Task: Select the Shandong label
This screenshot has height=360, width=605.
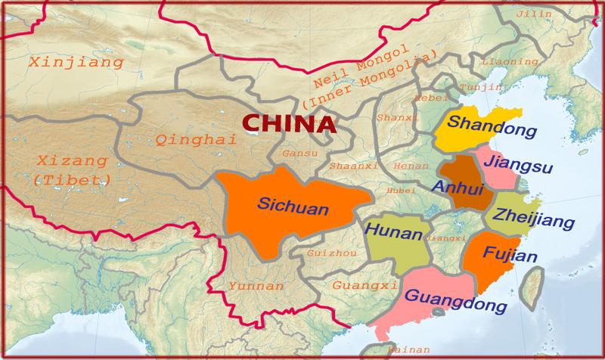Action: [x=486, y=126]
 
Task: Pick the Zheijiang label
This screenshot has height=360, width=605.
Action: [x=528, y=216]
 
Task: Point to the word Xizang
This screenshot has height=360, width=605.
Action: [x=64, y=161]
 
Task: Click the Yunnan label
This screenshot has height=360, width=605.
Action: [x=255, y=287]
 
